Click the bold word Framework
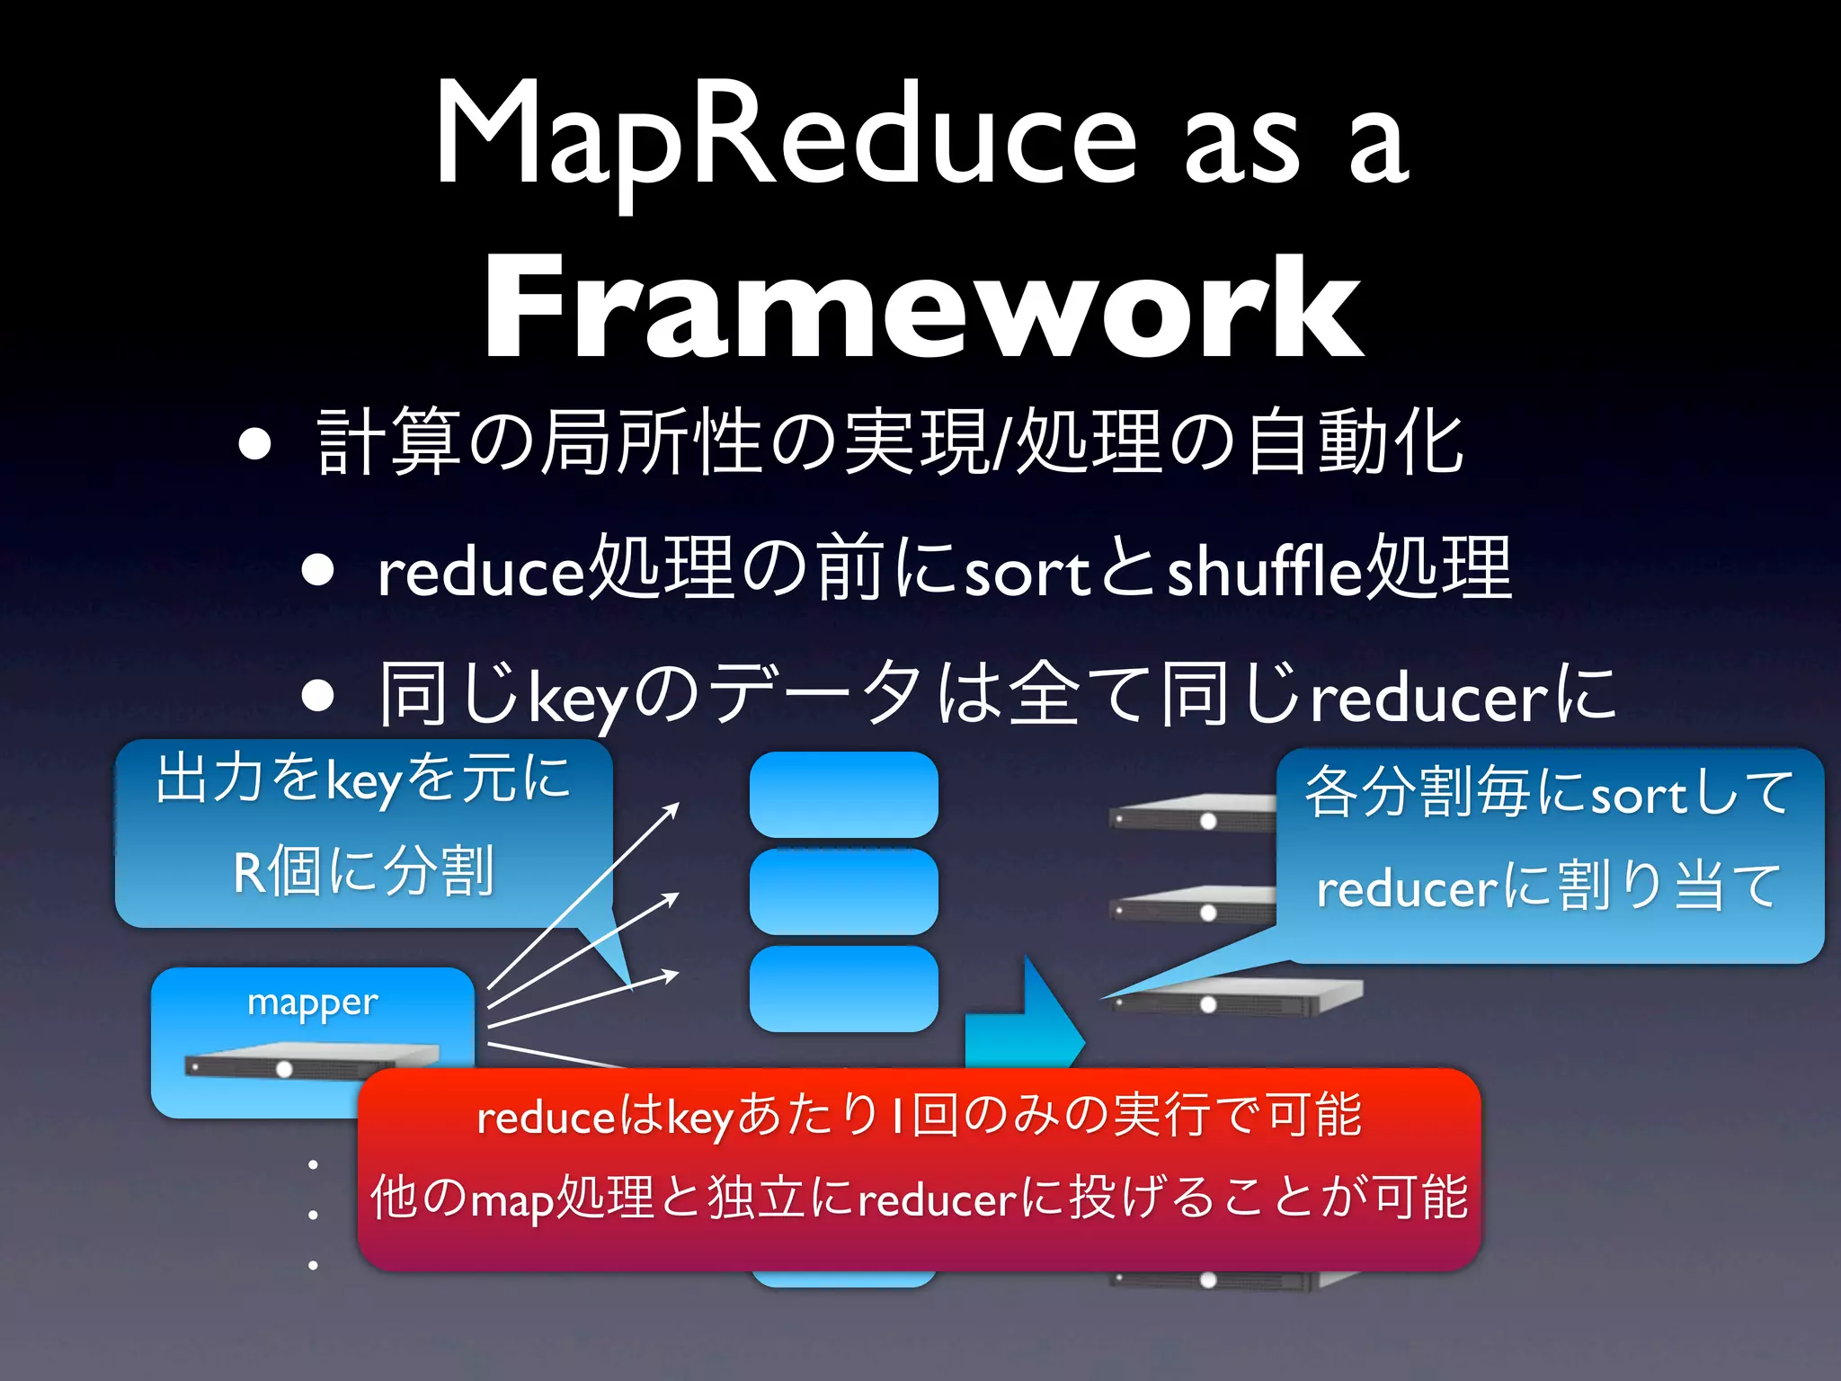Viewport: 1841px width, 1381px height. [x=923, y=308]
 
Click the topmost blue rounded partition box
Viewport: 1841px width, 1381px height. [x=843, y=794]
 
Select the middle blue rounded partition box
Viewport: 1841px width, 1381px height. [x=843, y=891]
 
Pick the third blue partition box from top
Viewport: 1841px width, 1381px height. [x=843, y=988]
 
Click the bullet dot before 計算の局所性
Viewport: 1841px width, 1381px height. [x=255, y=443]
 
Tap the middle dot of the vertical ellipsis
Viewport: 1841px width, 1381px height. [x=313, y=1215]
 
